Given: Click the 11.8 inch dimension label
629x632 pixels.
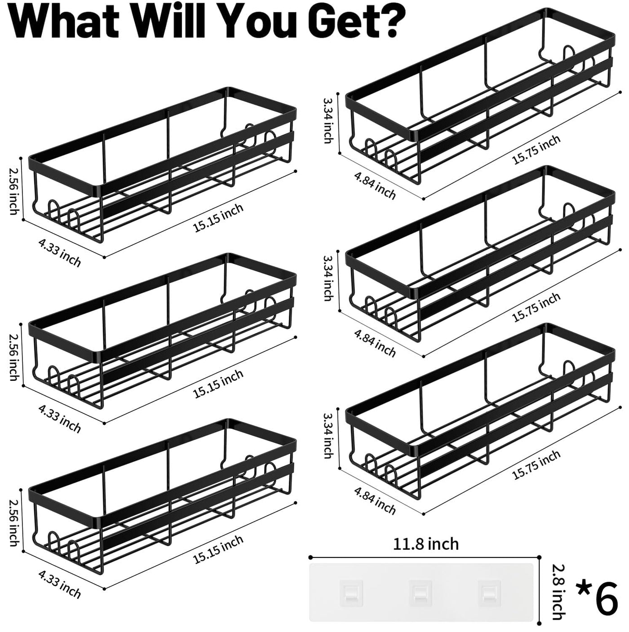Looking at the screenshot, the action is (426, 544).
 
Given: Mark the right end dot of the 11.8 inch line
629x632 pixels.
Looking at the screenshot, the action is (540, 557).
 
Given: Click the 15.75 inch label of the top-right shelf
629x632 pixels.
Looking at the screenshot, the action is (536, 150).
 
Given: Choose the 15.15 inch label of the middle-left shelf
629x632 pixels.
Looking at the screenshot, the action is (218, 384).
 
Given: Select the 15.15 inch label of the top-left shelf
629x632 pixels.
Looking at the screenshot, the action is (218, 218).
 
